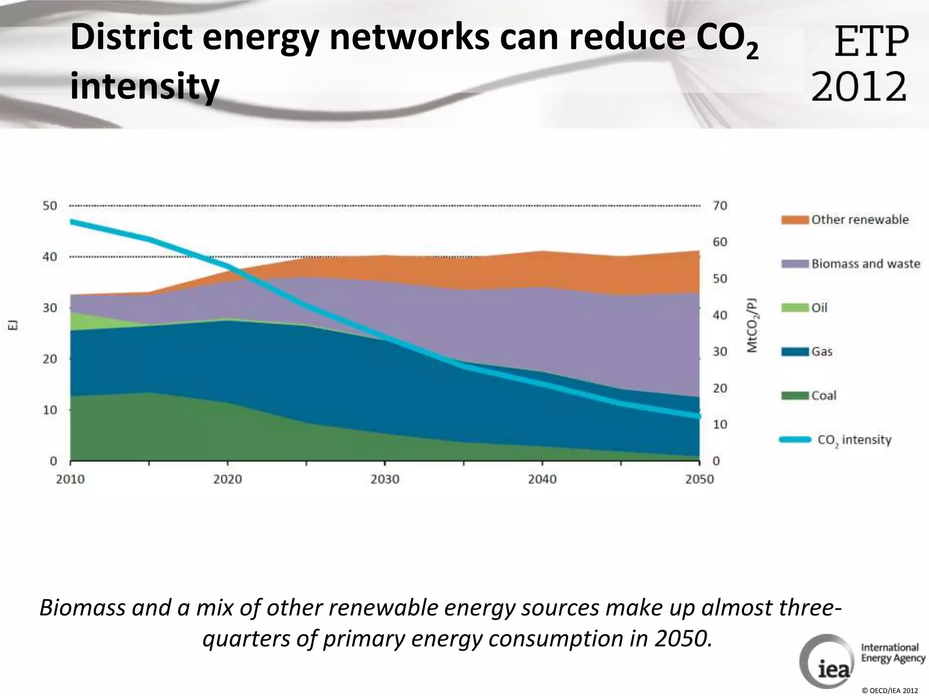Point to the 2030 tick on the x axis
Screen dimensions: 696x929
pos(385,479)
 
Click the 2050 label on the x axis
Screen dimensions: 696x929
pos(699,479)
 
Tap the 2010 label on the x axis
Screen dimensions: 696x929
pos(70,479)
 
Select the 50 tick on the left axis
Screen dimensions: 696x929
pos(50,206)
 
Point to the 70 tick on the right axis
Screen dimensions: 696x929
pos(720,206)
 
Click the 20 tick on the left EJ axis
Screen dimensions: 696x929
pos(50,359)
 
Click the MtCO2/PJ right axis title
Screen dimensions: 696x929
pos(752,325)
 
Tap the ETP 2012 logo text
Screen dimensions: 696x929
pos(860,63)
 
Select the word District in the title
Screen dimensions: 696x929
pos(132,39)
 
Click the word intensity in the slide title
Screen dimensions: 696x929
pos(145,86)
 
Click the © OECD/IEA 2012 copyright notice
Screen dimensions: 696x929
pos(890,691)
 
